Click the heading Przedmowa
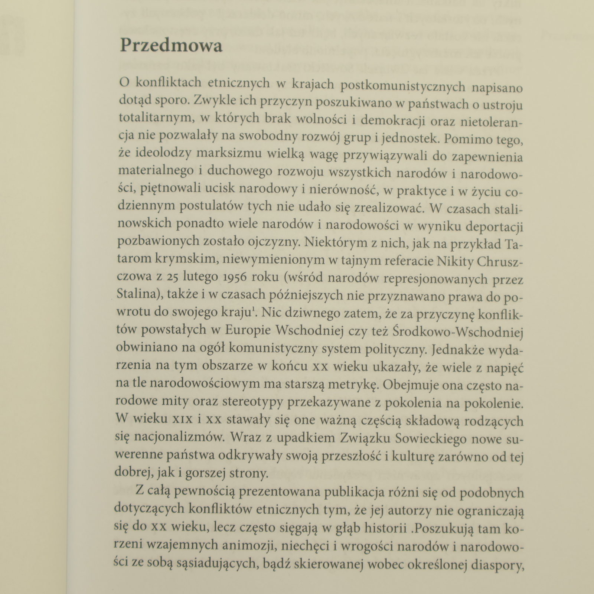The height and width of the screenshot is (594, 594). pyautogui.click(x=171, y=46)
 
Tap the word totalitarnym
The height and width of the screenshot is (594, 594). pyautogui.click(x=156, y=118)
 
